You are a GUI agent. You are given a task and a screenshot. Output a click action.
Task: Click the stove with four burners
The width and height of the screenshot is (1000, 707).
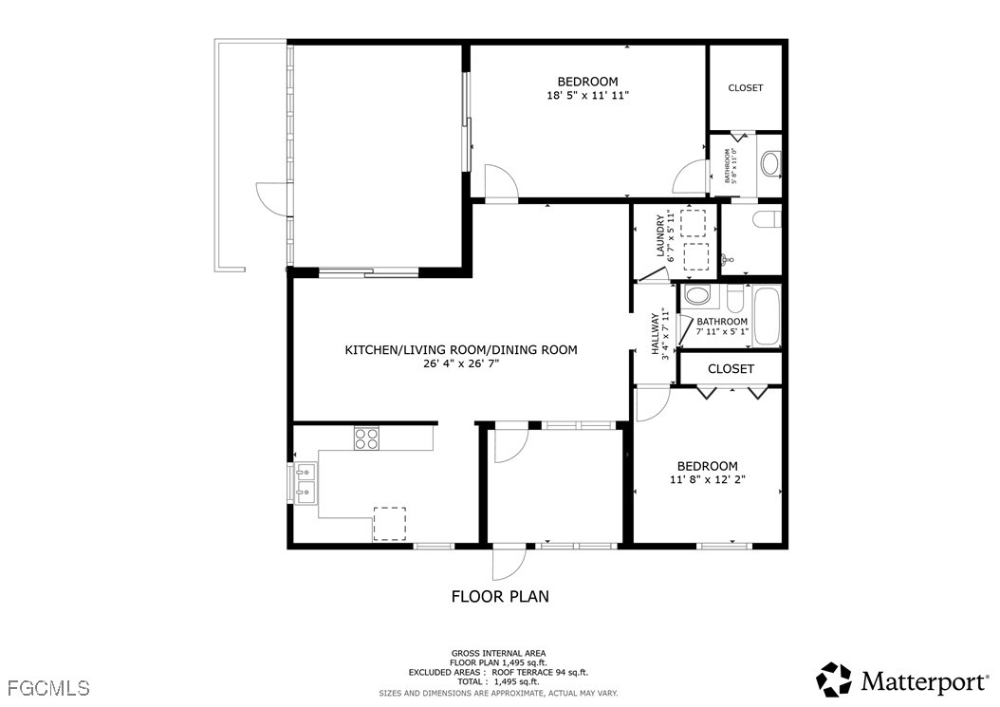[366, 438]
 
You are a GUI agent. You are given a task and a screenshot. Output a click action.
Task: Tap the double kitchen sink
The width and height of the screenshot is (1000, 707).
[306, 482]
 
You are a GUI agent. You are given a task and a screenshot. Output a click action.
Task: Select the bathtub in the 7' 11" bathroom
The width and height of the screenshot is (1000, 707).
[766, 317]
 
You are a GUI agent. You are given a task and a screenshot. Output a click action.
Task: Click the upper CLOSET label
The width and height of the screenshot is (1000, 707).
[745, 88]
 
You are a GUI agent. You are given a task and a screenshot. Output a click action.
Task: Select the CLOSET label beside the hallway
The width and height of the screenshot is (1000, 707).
[731, 369]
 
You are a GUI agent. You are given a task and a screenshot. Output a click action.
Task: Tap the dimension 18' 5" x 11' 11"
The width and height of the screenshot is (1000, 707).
[587, 96]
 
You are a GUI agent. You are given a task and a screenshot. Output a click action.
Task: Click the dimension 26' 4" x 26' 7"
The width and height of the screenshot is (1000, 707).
[460, 363]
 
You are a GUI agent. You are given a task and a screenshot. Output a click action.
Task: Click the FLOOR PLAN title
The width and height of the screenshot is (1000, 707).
[500, 597]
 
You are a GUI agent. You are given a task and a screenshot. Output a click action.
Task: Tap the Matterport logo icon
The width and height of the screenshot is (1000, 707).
[834, 679]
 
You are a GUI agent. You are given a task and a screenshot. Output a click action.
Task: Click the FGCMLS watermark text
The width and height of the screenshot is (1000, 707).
[48, 688]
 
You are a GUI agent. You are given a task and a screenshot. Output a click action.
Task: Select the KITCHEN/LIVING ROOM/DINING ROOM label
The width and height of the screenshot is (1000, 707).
[461, 349]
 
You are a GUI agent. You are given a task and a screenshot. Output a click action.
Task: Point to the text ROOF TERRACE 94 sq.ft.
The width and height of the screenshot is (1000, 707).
[539, 672]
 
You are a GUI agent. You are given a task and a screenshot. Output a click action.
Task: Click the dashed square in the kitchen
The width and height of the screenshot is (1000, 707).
[390, 524]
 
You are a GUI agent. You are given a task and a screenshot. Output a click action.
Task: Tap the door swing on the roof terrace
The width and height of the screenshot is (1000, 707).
[271, 197]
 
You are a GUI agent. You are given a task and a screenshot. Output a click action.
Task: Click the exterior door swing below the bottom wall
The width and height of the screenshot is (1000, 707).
[509, 564]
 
